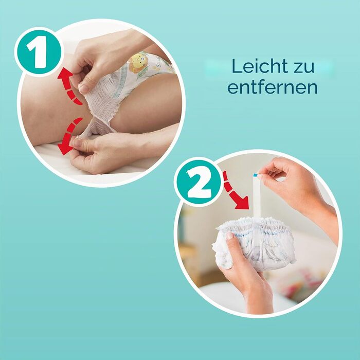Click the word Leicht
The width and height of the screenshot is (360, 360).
point(259,66)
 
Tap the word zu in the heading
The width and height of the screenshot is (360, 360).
point(303,67)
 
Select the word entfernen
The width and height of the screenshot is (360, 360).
point(273,87)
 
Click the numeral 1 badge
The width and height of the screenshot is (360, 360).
point(39,52)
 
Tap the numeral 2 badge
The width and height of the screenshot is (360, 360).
point(198,182)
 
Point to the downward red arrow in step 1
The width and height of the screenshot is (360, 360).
point(69,136)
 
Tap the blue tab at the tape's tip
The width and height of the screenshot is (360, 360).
point(255,175)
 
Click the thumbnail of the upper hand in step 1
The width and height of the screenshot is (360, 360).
point(84,88)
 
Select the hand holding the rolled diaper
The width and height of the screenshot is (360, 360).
point(243,271)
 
